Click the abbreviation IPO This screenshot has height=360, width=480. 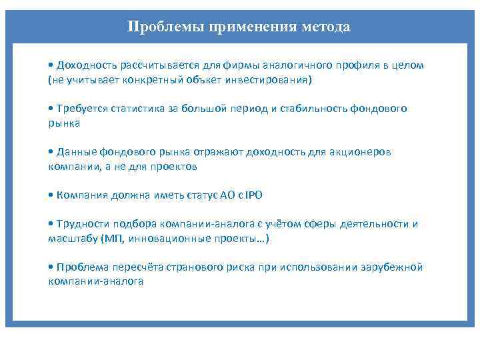pos(254,195)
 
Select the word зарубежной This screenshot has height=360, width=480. pos(393,267)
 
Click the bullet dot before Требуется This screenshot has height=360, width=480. pos(51,109)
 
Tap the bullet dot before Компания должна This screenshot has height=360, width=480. pos(51,195)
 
